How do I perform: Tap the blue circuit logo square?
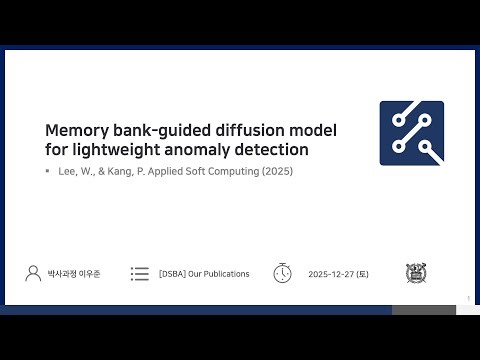411,133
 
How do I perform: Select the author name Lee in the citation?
69,171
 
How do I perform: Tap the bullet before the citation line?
47,171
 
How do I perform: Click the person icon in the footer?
32,273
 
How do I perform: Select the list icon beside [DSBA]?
140,273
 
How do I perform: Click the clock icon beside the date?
282,273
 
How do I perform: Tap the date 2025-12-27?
333,274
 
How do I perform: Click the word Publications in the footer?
222,274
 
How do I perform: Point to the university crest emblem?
415,273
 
